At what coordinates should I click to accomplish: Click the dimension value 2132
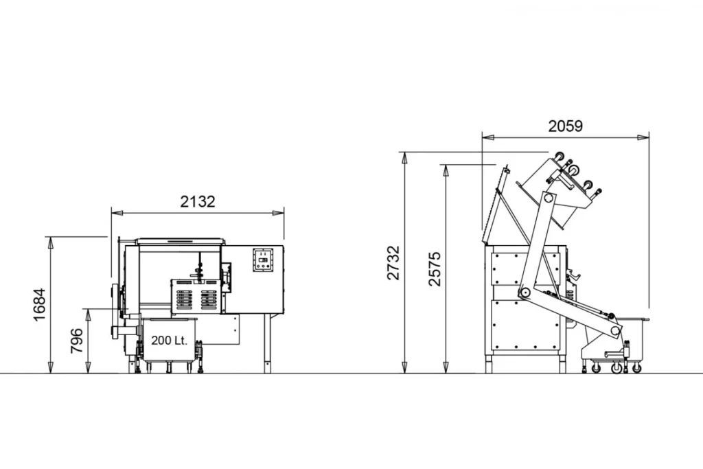198,202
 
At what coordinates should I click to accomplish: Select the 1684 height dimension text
40,304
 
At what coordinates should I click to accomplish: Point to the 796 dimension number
77,341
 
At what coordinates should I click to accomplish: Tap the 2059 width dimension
566,126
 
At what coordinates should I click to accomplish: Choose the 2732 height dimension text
393,263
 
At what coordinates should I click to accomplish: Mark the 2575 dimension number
435,269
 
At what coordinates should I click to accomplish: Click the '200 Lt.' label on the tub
169,341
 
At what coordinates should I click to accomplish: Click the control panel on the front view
263,260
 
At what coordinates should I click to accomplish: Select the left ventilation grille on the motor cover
184,299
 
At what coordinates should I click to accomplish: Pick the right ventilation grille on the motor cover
209,299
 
